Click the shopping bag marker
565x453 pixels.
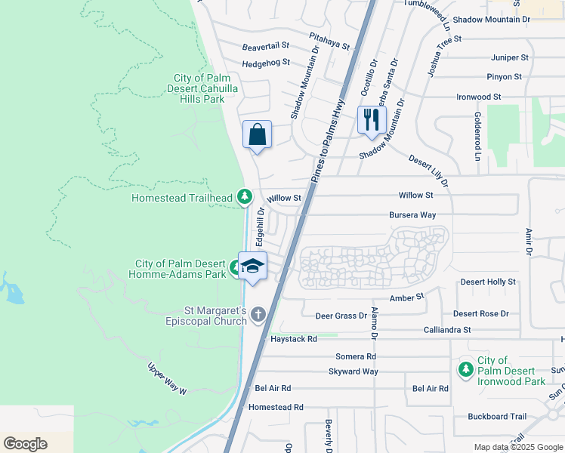click(x=257, y=135)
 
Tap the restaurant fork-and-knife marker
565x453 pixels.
click(x=371, y=120)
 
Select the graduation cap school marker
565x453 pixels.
click(x=252, y=267)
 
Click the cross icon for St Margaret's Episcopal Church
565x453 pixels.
click(x=258, y=314)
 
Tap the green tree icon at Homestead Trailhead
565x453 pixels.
click(x=244, y=197)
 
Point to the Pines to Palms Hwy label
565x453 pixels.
click(x=328, y=139)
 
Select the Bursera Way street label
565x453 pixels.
click(x=412, y=215)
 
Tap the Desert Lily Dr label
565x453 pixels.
click(x=428, y=171)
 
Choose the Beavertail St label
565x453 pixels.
click(x=266, y=47)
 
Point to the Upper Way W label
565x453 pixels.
click(x=166, y=377)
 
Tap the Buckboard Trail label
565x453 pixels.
click(x=497, y=416)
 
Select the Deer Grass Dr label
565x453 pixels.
click(x=341, y=316)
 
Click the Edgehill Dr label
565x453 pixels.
click(x=260, y=226)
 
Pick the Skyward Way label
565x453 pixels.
click(x=353, y=371)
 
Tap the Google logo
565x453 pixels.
click(x=25, y=444)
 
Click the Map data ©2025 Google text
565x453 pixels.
click(x=517, y=447)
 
